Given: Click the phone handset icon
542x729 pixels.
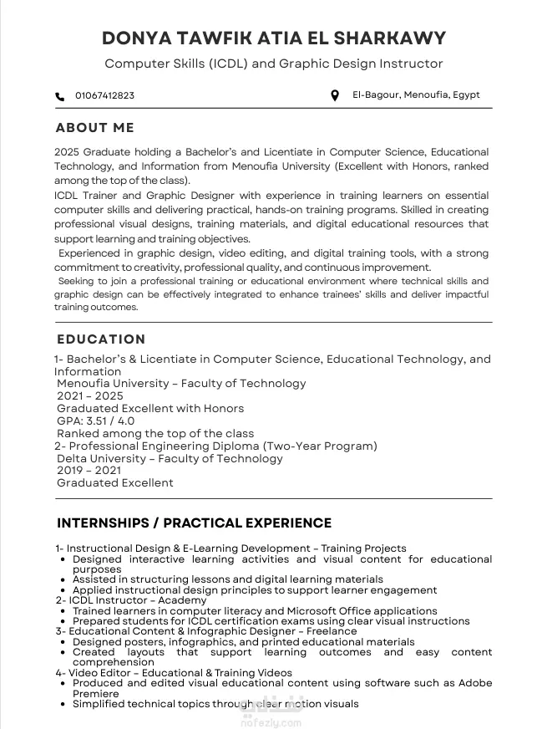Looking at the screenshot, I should point(59,96).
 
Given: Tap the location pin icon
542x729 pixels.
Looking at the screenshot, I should point(335,95).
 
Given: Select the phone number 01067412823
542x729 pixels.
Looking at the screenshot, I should point(104,96).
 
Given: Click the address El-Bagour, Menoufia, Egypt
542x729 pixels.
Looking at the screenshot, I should point(416,95).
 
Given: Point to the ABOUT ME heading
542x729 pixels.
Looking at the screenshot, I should point(94,128).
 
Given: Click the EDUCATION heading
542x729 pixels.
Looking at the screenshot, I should point(101,339).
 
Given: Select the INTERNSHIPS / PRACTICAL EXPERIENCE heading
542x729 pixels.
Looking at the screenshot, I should point(194,523).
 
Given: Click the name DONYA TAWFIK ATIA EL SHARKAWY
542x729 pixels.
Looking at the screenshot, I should point(273,38).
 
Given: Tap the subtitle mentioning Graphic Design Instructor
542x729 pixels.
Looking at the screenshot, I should point(273,64).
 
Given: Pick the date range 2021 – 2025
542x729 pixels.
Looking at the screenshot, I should point(89,396).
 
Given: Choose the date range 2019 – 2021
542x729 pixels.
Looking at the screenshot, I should point(89,471).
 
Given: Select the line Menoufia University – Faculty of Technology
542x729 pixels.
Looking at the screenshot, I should point(181,384).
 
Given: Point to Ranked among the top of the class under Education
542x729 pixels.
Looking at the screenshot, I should point(155,434).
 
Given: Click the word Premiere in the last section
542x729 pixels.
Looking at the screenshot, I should point(96,694).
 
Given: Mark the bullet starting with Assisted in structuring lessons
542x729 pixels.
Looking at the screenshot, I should point(227,579).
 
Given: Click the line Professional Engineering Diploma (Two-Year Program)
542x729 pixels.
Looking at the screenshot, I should point(221,446).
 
